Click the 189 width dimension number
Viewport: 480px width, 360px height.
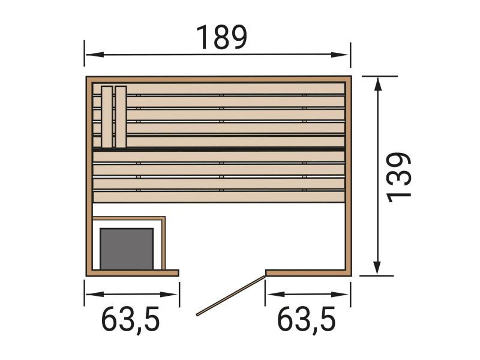coord(221,38)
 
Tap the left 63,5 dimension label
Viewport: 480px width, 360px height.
coord(130,320)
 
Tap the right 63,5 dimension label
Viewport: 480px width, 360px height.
coord(306,320)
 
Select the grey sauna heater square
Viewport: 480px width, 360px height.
coord(127,248)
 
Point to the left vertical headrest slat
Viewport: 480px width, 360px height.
coord(107,116)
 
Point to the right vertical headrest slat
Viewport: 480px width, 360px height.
coord(121,116)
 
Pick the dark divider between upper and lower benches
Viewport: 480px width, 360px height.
coord(219,148)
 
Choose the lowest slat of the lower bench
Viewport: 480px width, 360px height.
coord(219,197)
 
